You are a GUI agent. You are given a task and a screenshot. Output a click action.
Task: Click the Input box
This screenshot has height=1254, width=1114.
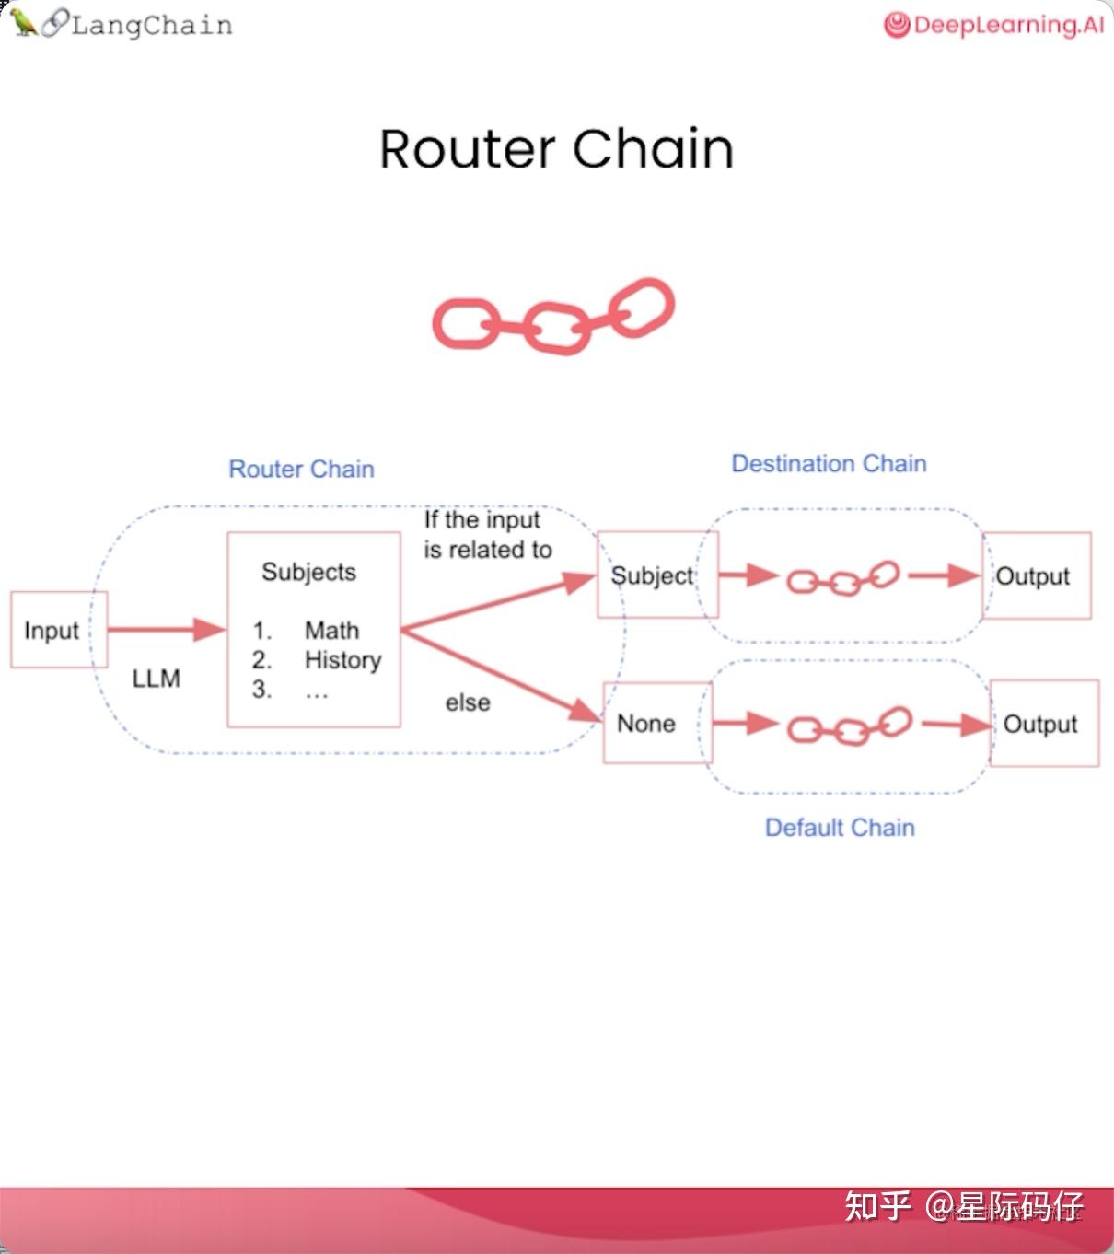[59, 630]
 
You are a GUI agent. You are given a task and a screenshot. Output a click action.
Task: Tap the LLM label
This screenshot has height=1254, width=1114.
[157, 679]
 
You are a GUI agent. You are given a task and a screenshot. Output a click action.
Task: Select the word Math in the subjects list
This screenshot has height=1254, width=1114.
[331, 630]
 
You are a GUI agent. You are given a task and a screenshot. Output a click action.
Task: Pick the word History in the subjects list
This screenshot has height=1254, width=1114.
[342, 660]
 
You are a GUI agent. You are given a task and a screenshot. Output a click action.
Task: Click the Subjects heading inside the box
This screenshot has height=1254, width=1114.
[308, 573]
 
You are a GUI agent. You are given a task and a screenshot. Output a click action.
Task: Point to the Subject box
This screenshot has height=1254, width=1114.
[658, 575]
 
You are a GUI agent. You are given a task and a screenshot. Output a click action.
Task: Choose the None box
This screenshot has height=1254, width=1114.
[658, 723]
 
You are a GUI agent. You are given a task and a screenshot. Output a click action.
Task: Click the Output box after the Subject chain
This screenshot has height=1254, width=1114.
[1037, 575]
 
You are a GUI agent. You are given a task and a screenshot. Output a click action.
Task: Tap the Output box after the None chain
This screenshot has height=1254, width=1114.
[1045, 723]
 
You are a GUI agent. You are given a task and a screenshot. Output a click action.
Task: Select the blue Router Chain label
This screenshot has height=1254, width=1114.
[301, 469]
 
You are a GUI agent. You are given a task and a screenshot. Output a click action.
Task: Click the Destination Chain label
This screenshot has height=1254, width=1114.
[830, 463]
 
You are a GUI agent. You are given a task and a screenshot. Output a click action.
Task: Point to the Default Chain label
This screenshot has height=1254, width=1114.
[840, 828]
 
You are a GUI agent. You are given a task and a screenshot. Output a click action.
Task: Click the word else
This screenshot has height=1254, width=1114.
[468, 702]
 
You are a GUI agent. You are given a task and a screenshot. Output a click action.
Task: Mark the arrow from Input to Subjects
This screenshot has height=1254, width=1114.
[167, 630]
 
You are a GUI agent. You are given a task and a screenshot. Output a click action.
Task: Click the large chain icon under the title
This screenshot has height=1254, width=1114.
[553, 317]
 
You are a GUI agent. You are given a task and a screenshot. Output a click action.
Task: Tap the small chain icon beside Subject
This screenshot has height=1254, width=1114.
[843, 578]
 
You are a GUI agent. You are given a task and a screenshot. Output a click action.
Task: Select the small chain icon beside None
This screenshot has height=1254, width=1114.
[850, 726]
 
